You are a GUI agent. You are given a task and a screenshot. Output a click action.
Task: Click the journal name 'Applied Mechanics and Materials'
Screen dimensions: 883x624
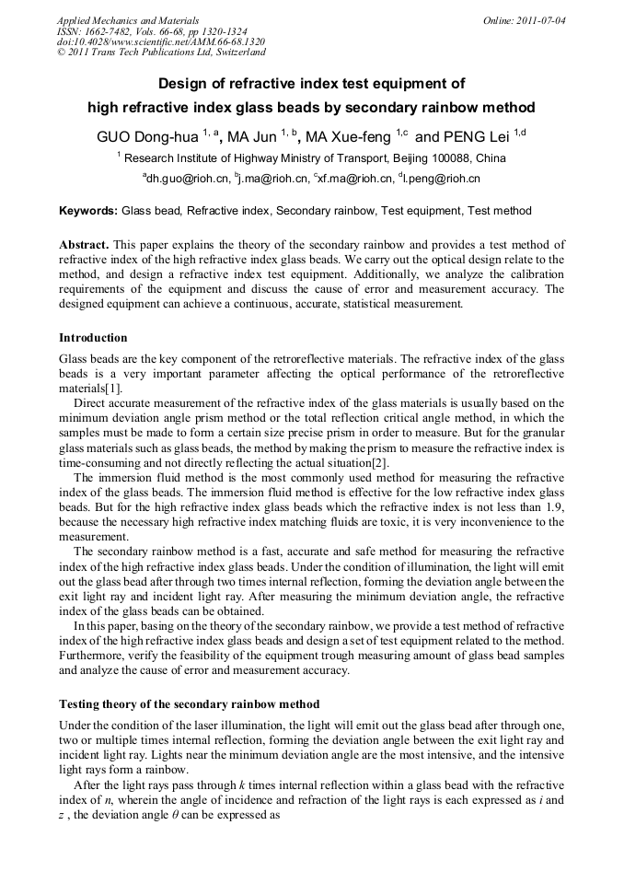[127, 20]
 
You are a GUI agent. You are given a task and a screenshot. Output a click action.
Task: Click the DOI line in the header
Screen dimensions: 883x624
[161, 42]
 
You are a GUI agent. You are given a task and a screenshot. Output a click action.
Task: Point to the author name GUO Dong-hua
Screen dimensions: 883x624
[147, 138]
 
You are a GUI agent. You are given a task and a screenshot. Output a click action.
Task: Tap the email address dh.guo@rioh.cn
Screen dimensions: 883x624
[185, 179]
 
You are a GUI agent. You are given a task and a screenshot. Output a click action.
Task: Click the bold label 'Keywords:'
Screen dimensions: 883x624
[88, 211]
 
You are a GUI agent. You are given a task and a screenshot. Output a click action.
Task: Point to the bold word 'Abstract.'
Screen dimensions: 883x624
[84, 245]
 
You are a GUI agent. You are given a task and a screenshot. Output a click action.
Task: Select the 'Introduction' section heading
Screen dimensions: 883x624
[93, 338]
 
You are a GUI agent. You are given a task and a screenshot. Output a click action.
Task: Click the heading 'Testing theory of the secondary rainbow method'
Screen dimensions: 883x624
[190, 704]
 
